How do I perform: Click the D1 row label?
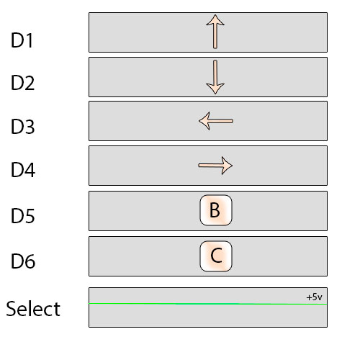coord(22,40)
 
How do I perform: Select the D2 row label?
coord(22,83)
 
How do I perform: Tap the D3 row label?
coord(22,126)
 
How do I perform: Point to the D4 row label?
coord(23,170)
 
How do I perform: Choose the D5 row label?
coord(22,215)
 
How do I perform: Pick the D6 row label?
coord(23,261)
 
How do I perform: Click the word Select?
coord(33,308)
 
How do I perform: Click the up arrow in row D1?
coord(215,32)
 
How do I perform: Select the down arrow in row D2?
coord(215,77)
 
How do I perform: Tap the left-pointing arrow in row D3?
coord(216,121)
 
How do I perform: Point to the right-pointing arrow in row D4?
coord(215,166)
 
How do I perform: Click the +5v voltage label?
coord(314,297)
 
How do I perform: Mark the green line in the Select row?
coord(208,304)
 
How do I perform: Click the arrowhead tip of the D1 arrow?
coord(215,15)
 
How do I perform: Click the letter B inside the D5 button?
coord(215,210)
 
